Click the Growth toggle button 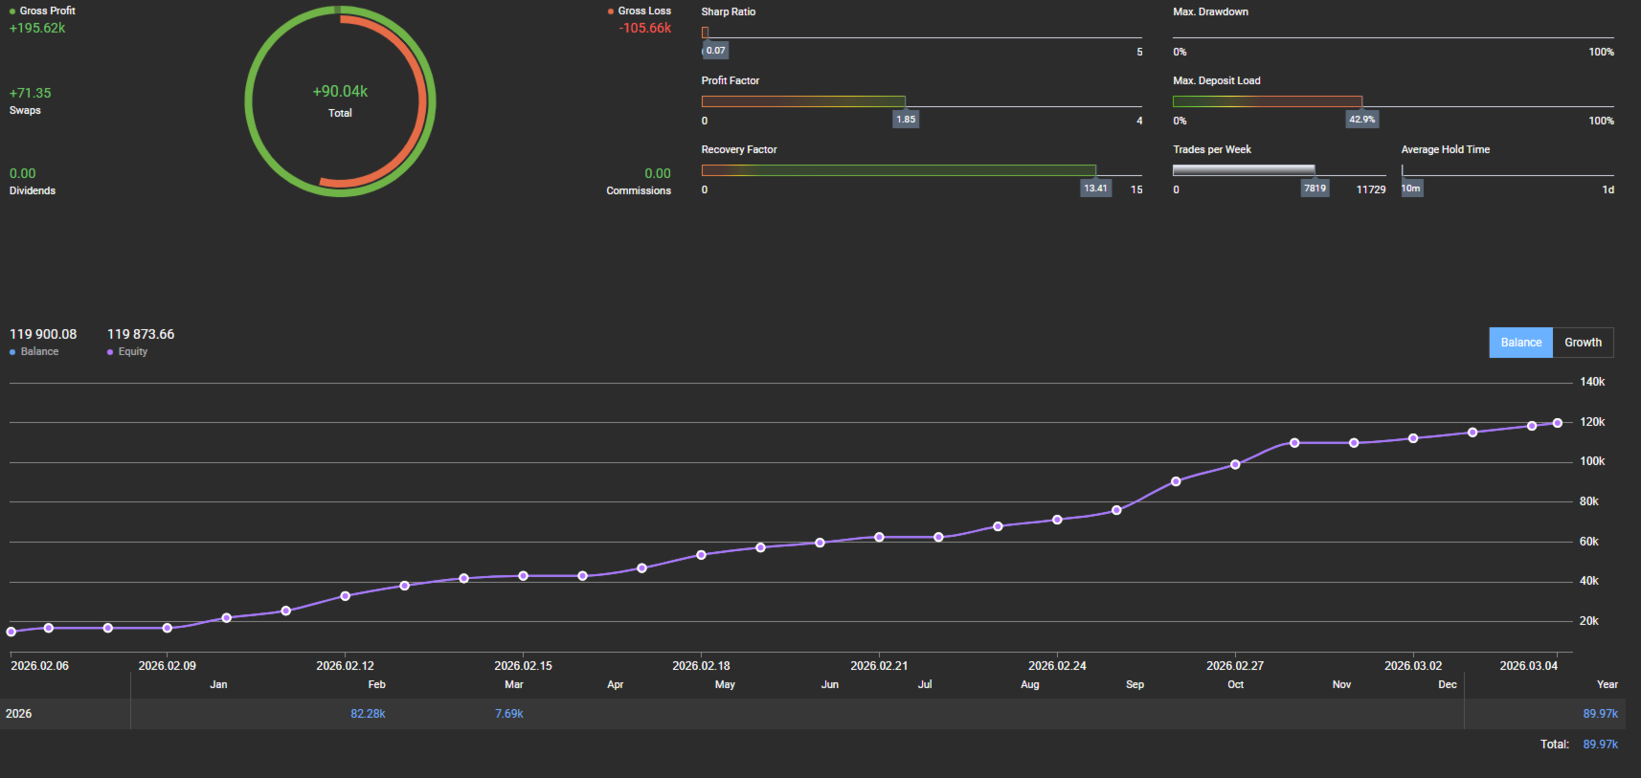[1583, 343]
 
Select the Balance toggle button [1520, 343]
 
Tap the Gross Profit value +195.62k [37, 28]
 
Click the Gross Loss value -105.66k [644, 28]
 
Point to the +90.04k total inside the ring [340, 92]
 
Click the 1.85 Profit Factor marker [906, 120]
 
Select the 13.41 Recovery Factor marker [1095, 189]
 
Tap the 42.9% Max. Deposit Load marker [1361, 120]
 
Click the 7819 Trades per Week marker [1315, 189]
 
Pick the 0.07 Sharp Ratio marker [715, 51]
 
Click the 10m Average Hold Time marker [1411, 189]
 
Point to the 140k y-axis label [1592, 382]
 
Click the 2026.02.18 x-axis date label [701, 666]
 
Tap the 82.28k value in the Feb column [368, 714]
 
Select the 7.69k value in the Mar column [509, 714]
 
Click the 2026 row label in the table [19, 714]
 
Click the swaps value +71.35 [31, 93]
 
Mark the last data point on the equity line [1558, 423]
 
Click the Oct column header [1235, 685]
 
